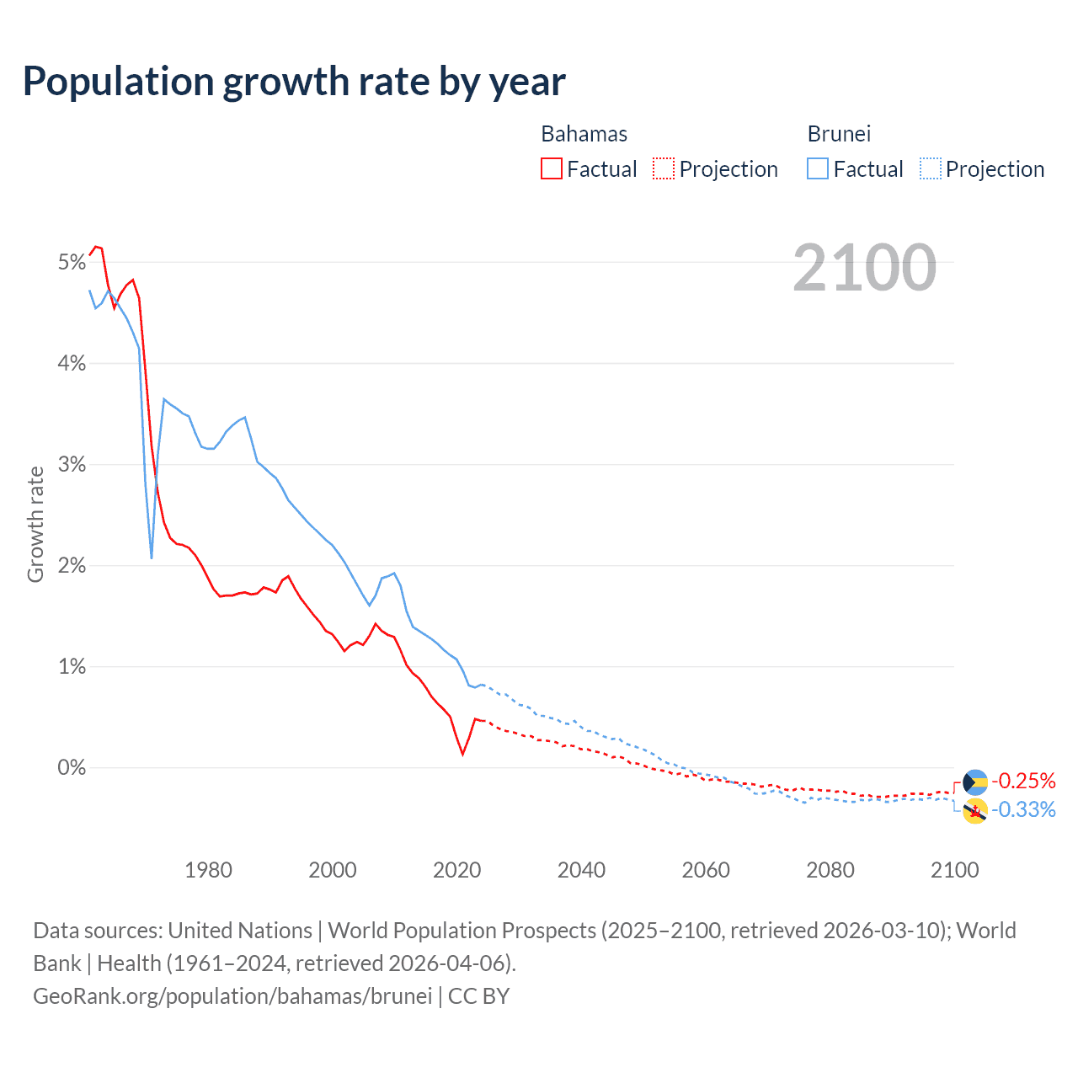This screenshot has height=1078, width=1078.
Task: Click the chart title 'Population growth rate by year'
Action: click(x=294, y=82)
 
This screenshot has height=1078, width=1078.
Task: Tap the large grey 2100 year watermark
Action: click(x=864, y=268)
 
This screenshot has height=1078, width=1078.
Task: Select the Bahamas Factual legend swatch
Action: click(x=551, y=169)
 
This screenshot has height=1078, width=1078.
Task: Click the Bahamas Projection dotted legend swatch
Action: click(x=664, y=169)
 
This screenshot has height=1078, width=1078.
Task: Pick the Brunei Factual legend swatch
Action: click(x=817, y=169)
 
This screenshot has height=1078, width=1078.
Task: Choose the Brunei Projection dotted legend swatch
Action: click(x=930, y=169)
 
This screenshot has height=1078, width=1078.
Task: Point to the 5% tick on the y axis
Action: click(x=72, y=263)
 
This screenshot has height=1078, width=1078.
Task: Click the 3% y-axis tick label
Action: click(x=72, y=465)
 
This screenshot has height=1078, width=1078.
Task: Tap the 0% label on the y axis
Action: click(x=72, y=768)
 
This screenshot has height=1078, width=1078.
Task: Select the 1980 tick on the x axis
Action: click(x=208, y=870)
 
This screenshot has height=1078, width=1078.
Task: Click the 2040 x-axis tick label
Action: click(x=581, y=870)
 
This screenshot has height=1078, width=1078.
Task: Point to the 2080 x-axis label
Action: click(x=830, y=870)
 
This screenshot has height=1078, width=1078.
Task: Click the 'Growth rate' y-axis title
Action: click(x=35, y=524)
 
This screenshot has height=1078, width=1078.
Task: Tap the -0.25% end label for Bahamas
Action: click(x=1023, y=781)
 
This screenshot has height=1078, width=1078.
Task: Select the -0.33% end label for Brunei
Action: click(x=1023, y=810)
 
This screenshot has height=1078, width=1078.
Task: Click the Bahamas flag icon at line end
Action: click(x=974, y=782)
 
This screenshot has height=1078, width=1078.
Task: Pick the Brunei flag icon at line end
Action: click(x=974, y=811)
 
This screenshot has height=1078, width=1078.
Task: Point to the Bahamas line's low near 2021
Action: click(x=462, y=753)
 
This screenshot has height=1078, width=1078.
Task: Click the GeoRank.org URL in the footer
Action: click(x=232, y=996)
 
